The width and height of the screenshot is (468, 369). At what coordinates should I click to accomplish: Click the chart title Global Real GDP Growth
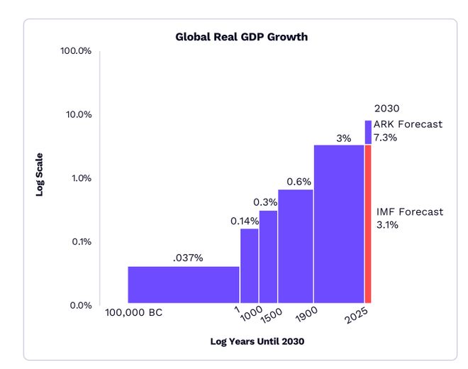242,36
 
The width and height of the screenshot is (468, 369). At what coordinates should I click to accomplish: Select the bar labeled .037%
183,285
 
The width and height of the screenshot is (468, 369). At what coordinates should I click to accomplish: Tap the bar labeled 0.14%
249,266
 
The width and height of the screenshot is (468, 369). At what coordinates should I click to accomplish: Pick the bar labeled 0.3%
268,257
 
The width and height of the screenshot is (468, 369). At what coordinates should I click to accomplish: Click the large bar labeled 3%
339,224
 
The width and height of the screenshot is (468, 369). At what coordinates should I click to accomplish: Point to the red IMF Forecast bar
368,224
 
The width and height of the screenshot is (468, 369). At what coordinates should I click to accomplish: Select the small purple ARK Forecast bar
368,132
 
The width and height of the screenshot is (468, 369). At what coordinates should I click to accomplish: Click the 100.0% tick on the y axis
77,51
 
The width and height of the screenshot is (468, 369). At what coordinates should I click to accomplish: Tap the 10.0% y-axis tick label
79,115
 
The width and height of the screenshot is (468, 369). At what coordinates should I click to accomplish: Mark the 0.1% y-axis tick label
81,242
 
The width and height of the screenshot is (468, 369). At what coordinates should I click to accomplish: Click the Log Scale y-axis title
40,175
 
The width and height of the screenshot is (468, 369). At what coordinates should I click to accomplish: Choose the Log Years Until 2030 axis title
257,341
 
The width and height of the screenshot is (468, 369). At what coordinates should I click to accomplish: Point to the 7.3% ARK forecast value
386,138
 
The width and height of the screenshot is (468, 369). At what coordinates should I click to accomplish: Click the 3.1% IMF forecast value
388,226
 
